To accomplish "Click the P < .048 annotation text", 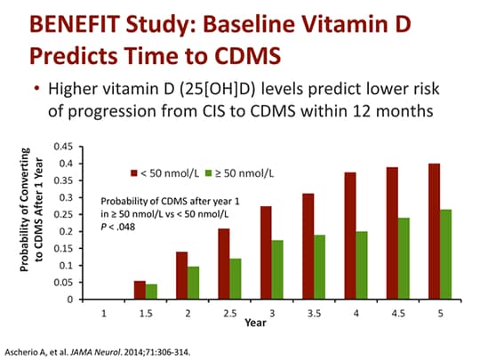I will coord(121,226).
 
